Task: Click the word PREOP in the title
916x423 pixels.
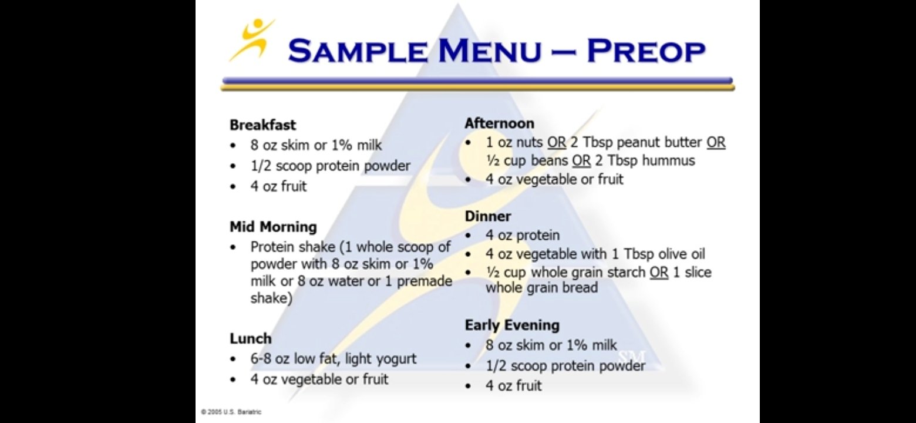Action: [646, 51]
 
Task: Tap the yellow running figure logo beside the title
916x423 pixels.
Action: [252, 40]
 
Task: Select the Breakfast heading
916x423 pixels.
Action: [262, 125]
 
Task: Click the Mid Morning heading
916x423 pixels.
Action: [273, 227]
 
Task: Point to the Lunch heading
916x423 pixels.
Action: [250, 338]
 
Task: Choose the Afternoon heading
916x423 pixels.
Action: [499, 123]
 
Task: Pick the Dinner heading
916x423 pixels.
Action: [488, 216]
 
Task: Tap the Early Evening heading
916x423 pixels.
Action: [512, 325]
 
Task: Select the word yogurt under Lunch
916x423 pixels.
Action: [396, 359]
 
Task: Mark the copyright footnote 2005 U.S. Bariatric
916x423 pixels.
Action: [231, 412]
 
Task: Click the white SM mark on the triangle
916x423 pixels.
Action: [632, 357]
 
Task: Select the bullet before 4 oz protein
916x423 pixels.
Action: [468, 236]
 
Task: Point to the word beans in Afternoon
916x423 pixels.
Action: [549, 160]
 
